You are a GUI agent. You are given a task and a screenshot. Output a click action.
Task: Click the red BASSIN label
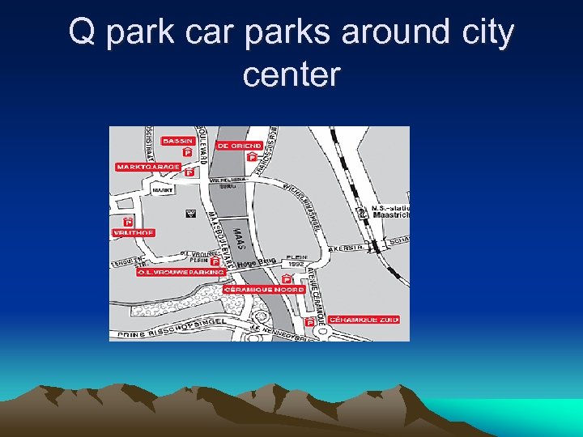point(177,141)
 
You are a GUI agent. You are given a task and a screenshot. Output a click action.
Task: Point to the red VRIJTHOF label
point(133,232)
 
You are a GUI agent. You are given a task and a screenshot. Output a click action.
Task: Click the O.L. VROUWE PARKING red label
point(180,272)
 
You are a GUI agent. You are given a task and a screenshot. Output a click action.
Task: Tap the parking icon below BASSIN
point(187,151)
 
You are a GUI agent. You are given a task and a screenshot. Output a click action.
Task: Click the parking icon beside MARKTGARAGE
point(190,172)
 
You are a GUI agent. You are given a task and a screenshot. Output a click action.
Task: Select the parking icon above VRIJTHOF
point(128,222)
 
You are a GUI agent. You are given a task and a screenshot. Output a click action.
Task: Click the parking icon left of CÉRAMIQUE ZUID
point(310,322)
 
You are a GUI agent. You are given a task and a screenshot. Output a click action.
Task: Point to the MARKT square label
point(163,191)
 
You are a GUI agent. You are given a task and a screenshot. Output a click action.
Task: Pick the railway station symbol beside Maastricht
point(361,214)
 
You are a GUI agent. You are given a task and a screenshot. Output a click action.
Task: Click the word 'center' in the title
point(291,75)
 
